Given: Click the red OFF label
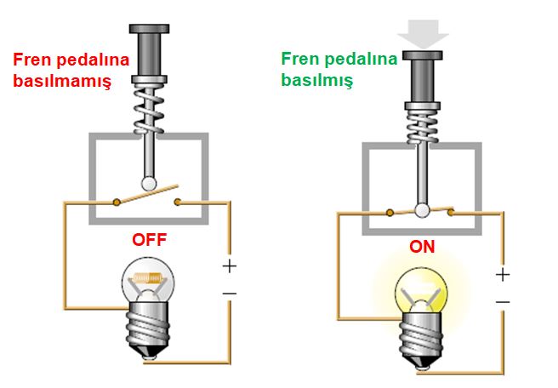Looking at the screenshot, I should point(149,240).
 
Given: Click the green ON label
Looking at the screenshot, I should point(422,248).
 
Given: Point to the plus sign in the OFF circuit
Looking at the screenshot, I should point(229,265).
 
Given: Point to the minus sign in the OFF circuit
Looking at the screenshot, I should point(229,294).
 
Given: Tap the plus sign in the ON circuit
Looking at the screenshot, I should point(503,275).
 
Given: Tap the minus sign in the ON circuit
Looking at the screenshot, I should point(503,303).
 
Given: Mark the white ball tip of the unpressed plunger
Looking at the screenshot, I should point(149,181).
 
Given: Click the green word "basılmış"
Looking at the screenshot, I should point(318,80).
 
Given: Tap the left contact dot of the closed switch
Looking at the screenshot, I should point(390,212).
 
